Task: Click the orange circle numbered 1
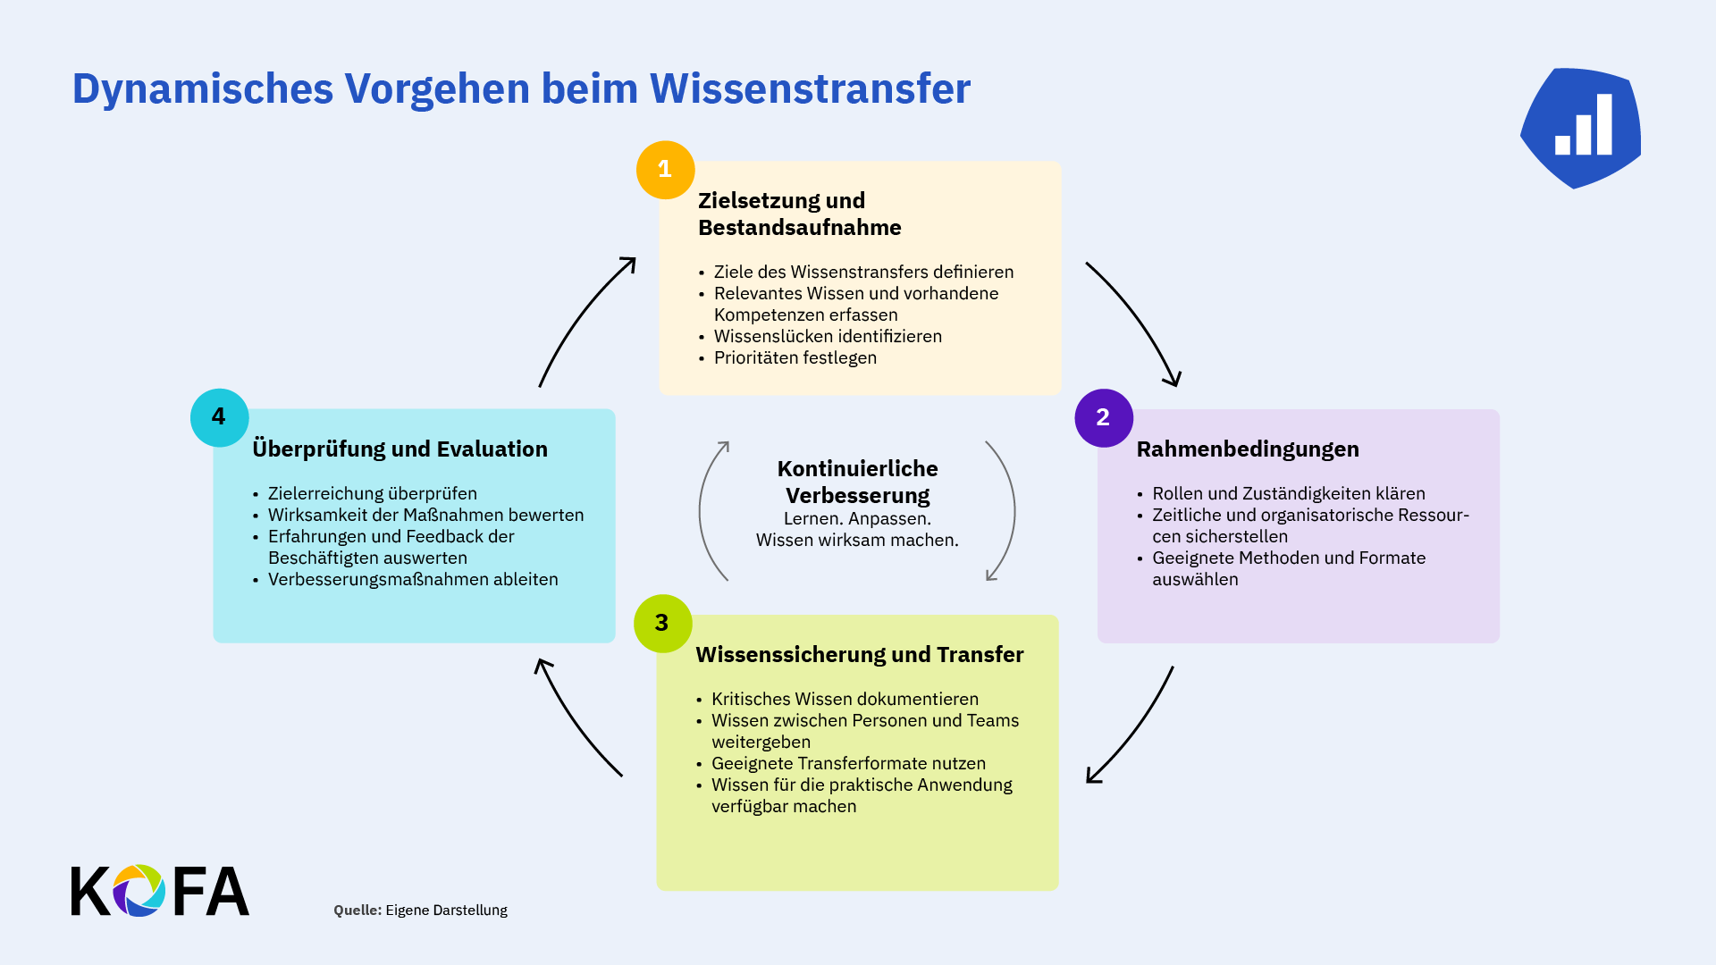[665, 170]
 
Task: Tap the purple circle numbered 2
[1104, 417]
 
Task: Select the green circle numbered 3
[662, 624]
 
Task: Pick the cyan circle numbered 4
[219, 417]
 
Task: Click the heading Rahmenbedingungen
[1248, 449]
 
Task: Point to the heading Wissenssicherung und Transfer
[860, 655]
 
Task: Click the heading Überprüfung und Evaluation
[400, 449]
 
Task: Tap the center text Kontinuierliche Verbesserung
[857, 482]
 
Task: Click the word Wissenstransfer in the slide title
[810, 88]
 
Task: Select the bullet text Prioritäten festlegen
[795, 357]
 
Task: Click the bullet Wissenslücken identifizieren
[828, 336]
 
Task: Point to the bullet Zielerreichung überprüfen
[372, 493]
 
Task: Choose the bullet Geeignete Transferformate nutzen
[848, 763]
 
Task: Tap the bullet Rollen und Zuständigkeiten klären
[1288, 493]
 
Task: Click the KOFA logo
[160, 891]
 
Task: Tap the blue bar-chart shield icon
[1580, 128]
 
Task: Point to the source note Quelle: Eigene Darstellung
[420, 910]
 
